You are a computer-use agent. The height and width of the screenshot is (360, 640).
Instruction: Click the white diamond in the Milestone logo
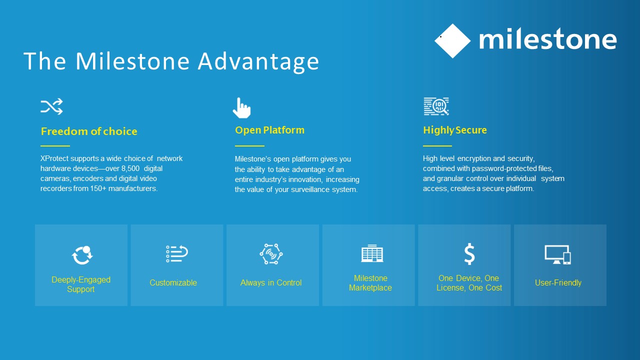(452, 41)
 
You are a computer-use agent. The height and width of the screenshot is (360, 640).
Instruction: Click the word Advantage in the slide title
(258, 61)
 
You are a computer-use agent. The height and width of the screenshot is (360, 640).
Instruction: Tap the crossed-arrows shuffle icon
(51, 106)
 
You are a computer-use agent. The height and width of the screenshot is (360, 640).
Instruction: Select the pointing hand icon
(241, 108)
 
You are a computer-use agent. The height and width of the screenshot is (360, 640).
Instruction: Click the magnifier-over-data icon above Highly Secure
(436, 106)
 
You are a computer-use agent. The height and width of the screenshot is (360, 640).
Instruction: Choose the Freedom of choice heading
(89, 131)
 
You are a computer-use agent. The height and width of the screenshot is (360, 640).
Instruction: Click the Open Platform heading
(269, 130)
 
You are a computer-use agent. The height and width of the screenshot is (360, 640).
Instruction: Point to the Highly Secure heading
(455, 130)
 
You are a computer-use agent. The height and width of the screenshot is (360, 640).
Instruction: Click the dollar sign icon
(469, 253)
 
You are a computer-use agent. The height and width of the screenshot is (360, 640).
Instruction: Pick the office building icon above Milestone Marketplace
(372, 253)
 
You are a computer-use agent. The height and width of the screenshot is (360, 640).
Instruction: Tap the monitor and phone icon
(557, 254)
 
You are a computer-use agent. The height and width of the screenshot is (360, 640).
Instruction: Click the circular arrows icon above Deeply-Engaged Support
(82, 255)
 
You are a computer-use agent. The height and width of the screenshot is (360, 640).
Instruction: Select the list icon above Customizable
(177, 253)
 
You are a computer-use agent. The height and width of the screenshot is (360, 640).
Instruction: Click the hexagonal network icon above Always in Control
(271, 254)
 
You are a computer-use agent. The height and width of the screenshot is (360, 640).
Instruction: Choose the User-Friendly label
(558, 283)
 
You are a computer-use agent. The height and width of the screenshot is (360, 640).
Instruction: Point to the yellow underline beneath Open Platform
(249, 145)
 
